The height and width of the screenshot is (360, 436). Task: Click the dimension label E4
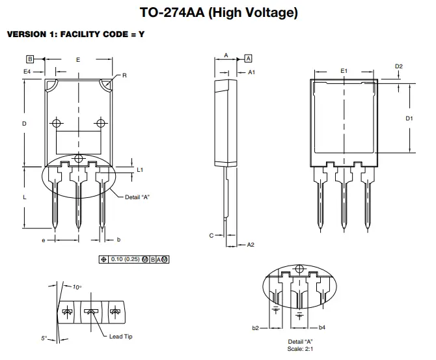[x=27, y=70]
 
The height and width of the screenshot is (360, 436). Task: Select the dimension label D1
[x=409, y=118]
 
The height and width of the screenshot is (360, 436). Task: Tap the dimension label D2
[x=399, y=66]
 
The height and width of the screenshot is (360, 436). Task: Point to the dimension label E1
[x=344, y=70]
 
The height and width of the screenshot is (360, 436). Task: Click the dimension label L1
[x=140, y=169]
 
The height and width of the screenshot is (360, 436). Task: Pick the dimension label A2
[x=251, y=245]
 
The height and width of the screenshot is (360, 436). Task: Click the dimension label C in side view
[x=211, y=236]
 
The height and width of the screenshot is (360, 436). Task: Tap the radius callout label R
[x=124, y=76]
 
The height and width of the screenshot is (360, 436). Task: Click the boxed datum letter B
[x=30, y=59]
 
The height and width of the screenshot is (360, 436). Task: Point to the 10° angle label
[x=77, y=286]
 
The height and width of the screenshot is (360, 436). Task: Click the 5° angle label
[x=44, y=338]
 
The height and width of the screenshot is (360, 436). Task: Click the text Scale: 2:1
[x=300, y=348]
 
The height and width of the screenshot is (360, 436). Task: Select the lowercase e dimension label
[x=43, y=240]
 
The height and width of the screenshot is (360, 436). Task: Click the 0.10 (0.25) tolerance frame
[x=133, y=259]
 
